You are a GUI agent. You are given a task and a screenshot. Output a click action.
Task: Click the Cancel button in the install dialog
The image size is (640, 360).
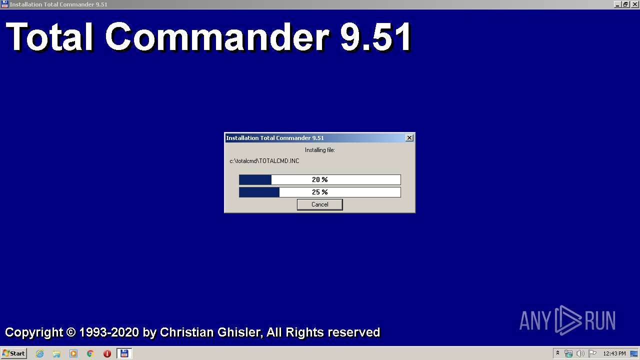click(319, 204)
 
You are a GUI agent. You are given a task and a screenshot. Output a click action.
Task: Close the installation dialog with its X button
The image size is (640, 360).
click(409, 138)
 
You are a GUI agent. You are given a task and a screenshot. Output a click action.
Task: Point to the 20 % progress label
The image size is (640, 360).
click(319, 179)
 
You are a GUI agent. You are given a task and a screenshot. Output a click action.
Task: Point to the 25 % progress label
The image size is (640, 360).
click(319, 192)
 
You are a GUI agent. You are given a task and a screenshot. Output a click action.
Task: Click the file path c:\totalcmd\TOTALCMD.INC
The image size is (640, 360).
click(264, 161)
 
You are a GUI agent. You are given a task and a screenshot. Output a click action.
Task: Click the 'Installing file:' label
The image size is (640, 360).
click(319, 150)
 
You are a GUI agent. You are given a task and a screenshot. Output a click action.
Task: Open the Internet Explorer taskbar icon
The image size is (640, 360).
click(39, 353)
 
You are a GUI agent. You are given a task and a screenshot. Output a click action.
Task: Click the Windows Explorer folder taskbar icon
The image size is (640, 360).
click(56, 353)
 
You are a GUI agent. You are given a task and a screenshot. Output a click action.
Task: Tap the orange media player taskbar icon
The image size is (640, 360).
click(73, 353)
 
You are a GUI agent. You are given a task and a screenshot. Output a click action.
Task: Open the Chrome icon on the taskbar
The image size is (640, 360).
click(90, 353)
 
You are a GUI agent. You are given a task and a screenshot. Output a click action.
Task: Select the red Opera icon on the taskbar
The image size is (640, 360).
click(107, 353)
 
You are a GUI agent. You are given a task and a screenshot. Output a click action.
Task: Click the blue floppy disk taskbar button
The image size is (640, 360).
click(124, 353)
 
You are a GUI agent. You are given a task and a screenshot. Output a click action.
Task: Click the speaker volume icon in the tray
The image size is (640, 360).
click(580, 353)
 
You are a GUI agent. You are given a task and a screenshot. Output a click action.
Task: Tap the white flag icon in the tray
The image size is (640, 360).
click(592, 353)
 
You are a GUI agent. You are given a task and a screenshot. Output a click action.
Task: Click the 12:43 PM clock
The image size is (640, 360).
click(614, 353)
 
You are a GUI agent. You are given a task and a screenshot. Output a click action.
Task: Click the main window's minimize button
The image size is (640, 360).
click(617, 4)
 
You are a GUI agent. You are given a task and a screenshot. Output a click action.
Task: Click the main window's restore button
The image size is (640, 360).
click(625, 4)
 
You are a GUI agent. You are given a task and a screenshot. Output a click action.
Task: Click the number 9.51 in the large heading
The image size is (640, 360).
click(375, 37)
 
